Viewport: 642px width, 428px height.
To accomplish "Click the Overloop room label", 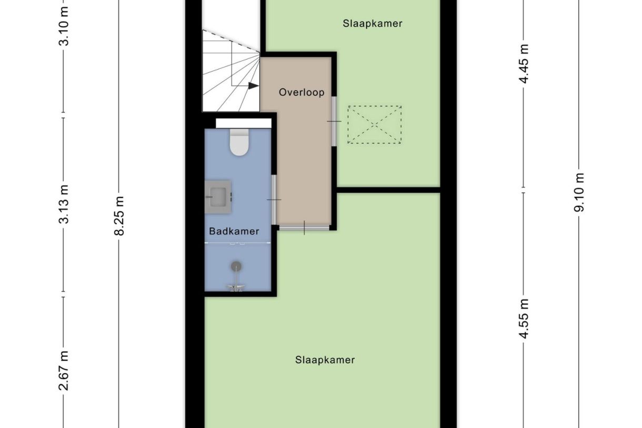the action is pos(302,92).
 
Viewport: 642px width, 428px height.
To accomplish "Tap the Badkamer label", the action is pos(234,231).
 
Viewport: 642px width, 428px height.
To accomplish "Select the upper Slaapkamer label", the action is pos(373,24).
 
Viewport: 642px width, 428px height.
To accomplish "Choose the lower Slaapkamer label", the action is pos(325,360).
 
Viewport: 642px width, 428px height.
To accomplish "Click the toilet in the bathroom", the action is pos(239,142).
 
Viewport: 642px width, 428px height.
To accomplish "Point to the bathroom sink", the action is pos(218,197).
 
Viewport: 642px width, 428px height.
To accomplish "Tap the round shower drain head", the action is pos(236,266).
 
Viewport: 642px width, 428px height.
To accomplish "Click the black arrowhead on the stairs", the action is pos(253,86).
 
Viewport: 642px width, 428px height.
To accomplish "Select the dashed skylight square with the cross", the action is pos(374,125).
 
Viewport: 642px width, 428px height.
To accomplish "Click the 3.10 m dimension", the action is pos(64,27).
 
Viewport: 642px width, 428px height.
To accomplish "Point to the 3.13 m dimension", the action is pos(64,204).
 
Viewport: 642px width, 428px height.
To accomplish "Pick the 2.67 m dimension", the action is pos(64,371).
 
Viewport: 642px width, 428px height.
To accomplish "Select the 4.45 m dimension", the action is pos(524,64).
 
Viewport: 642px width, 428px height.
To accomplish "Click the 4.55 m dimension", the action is pos(524,318).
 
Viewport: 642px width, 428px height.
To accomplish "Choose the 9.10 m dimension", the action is pos(579,192).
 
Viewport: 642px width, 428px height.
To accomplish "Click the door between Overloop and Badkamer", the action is pos(274,200).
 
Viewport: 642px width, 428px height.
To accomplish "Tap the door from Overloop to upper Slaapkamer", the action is pos(334,121).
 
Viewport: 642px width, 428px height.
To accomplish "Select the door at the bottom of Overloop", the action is pos(304,227).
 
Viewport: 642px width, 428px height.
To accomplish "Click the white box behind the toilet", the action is pos(244,123).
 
